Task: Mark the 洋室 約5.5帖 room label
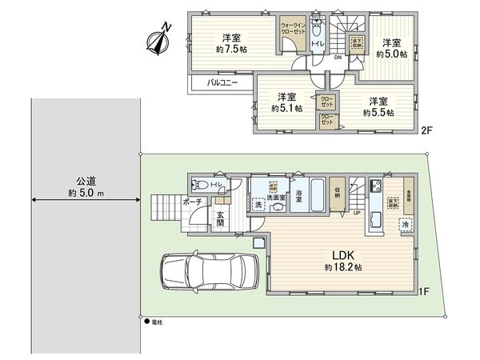click(379, 107)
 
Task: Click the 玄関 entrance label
click(219, 218)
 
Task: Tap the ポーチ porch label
click(192, 202)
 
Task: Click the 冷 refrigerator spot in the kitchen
click(406, 226)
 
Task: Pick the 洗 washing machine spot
click(258, 206)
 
